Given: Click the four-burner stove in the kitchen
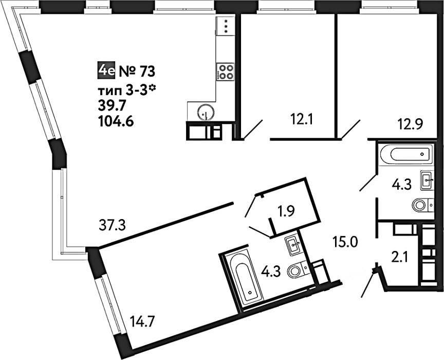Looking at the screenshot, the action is point(226,71).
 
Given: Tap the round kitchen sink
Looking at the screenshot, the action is point(206,113).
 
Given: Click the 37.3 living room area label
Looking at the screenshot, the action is point(113,226).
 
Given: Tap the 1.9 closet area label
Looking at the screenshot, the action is point(286,210).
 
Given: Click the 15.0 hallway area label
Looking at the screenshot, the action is point(345,243).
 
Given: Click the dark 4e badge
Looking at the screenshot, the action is point(106,71).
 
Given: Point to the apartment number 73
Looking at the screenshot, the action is point(148,71).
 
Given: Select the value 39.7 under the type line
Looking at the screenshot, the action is point(111,106).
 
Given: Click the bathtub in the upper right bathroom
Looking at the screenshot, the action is point(407,154).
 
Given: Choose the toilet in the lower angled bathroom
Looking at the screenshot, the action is point(298,270).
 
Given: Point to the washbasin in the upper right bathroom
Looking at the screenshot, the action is point(427,179).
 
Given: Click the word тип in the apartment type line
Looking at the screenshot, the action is point(109,91).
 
